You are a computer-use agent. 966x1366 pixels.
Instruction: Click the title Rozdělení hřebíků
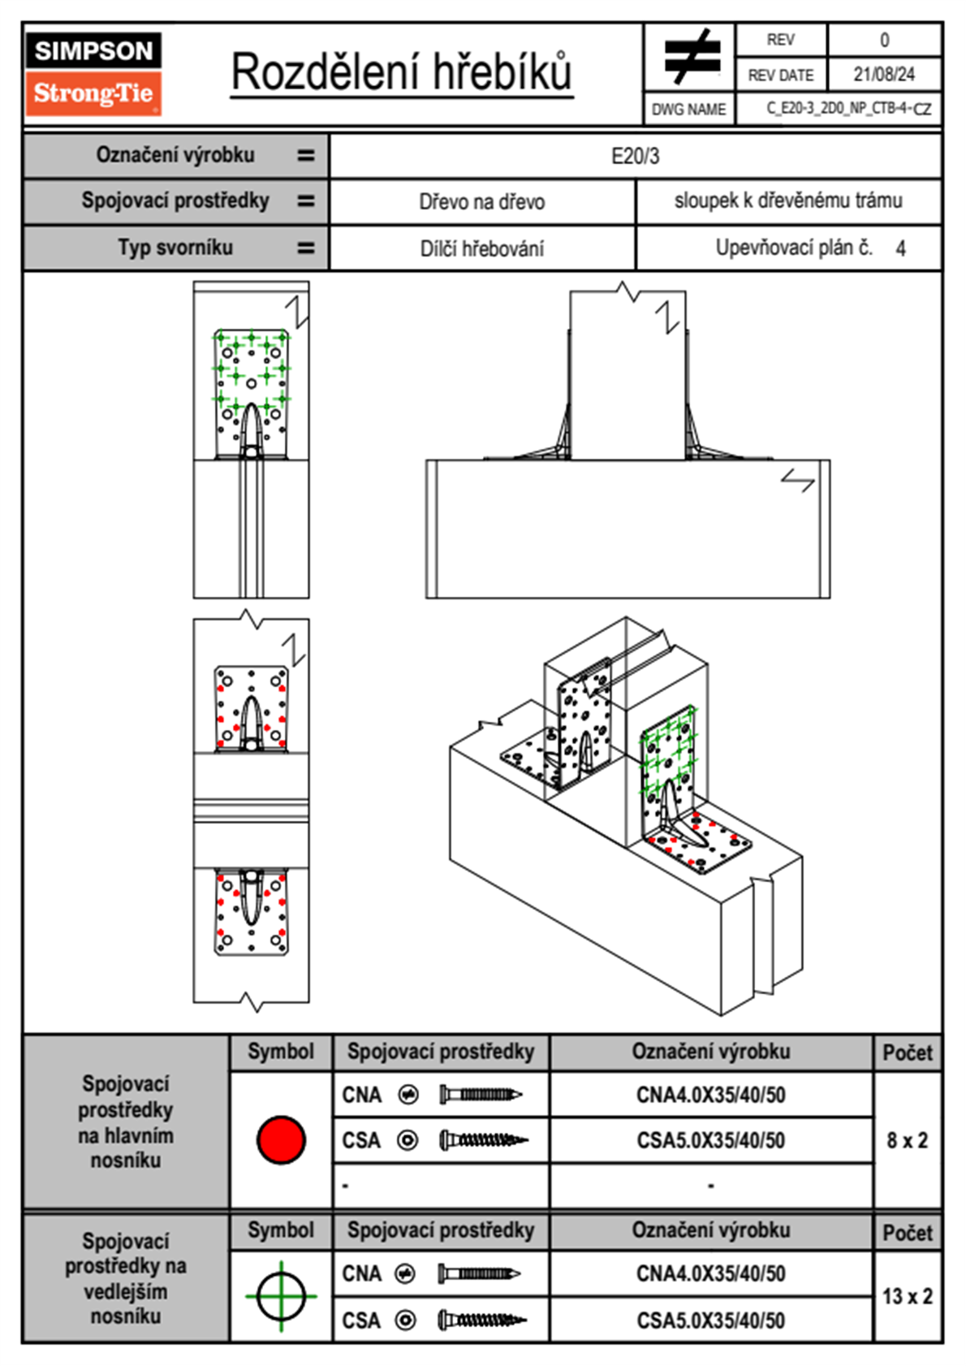(x=402, y=71)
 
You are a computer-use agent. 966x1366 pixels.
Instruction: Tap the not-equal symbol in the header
(x=691, y=57)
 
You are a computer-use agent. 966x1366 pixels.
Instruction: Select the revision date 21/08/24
(x=883, y=75)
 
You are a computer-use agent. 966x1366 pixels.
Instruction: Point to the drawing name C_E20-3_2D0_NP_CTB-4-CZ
(x=848, y=108)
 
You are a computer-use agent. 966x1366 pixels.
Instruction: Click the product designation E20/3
(x=635, y=156)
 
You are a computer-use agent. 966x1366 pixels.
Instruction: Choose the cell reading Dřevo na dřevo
(x=481, y=202)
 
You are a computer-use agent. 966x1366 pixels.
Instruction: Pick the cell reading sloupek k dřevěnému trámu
(x=788, y=201)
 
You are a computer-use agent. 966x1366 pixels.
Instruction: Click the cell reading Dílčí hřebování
(x=481, y=249)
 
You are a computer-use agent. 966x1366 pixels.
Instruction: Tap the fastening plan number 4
(x=900, y=249)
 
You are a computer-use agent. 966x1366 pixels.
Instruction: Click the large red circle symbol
(x=281, y=1139)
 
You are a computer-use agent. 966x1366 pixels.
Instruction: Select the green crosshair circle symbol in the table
(x=281, y=1296)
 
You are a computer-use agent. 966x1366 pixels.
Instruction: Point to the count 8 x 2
(x=907, y=1140)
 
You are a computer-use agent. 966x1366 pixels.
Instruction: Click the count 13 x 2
(x=907, y=1296)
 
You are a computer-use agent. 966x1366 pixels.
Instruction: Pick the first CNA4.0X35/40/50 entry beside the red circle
(x=710, y=1095)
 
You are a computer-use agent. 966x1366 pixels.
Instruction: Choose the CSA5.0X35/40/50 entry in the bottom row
(x=710, y=1321)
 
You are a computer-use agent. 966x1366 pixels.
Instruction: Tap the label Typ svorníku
(x=175, y=248)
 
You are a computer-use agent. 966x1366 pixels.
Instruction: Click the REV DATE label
(x=780, y=75)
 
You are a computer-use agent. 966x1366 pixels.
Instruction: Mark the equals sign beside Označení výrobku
(x=305, y=155)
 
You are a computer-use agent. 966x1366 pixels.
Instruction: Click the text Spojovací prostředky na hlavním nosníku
(x=126, y=1122)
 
